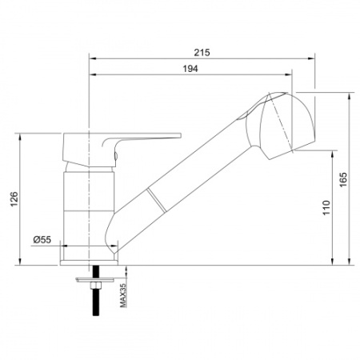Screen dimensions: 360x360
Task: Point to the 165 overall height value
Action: pos(342,180)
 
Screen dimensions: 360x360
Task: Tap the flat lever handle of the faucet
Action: pos(152,138)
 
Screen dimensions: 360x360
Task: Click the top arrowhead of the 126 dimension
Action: pos(20,134)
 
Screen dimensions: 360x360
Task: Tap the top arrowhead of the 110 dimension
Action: pos(333,153)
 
